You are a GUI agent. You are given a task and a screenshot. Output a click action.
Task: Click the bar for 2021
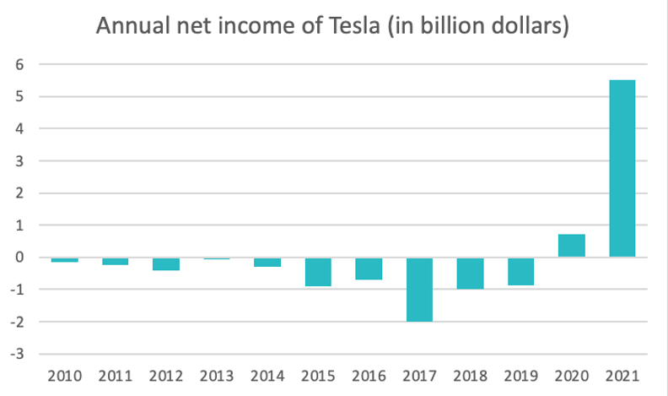point(622,169)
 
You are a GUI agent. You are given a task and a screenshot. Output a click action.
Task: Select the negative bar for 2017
point(419,290)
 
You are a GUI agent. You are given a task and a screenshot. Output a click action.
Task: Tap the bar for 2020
point(571,246)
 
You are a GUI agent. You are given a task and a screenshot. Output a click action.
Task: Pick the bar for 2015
point(318,272)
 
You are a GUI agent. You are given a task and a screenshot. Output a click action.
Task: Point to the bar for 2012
point(166,263)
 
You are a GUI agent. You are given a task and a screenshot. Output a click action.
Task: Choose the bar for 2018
point(470,274)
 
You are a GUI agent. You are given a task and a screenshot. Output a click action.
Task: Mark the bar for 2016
point(369,269)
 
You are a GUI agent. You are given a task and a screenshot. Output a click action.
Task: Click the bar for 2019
point(520,272)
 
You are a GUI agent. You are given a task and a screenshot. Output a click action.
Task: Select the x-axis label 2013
point(217,375)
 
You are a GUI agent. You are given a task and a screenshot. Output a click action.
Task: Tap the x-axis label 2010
point(64,375)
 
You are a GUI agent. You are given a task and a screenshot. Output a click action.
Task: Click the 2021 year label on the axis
point(622,375)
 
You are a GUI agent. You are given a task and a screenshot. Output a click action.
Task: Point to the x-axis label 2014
point(267,375)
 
